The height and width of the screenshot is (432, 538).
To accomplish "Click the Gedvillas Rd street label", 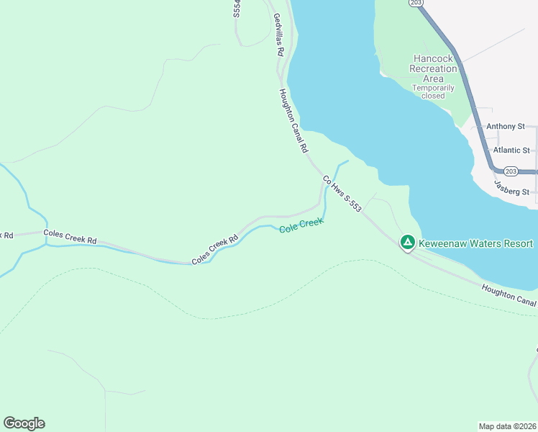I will point(278,35).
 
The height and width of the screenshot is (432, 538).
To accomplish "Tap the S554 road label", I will point(237,9).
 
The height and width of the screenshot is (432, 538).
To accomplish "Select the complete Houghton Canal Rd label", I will point(293,121).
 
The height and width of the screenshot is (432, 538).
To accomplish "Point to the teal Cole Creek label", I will point(301,225).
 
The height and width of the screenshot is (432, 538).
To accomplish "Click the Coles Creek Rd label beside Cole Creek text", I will point(214,251).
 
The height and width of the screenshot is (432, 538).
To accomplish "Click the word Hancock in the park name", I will point(433,58).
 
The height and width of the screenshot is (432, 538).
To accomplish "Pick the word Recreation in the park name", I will point(433,68).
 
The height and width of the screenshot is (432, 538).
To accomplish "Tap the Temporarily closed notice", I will point(433,91).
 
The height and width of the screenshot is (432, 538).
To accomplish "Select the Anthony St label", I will point(506,126).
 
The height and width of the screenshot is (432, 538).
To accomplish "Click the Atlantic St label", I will point(511,150).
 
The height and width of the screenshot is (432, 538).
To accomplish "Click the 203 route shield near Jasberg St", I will point(511,171).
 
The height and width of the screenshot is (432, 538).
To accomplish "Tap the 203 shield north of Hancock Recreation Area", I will point(416,3).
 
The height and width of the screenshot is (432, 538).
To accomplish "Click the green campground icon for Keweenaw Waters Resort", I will point(407,243).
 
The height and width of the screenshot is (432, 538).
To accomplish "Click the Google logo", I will point(24,423).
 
